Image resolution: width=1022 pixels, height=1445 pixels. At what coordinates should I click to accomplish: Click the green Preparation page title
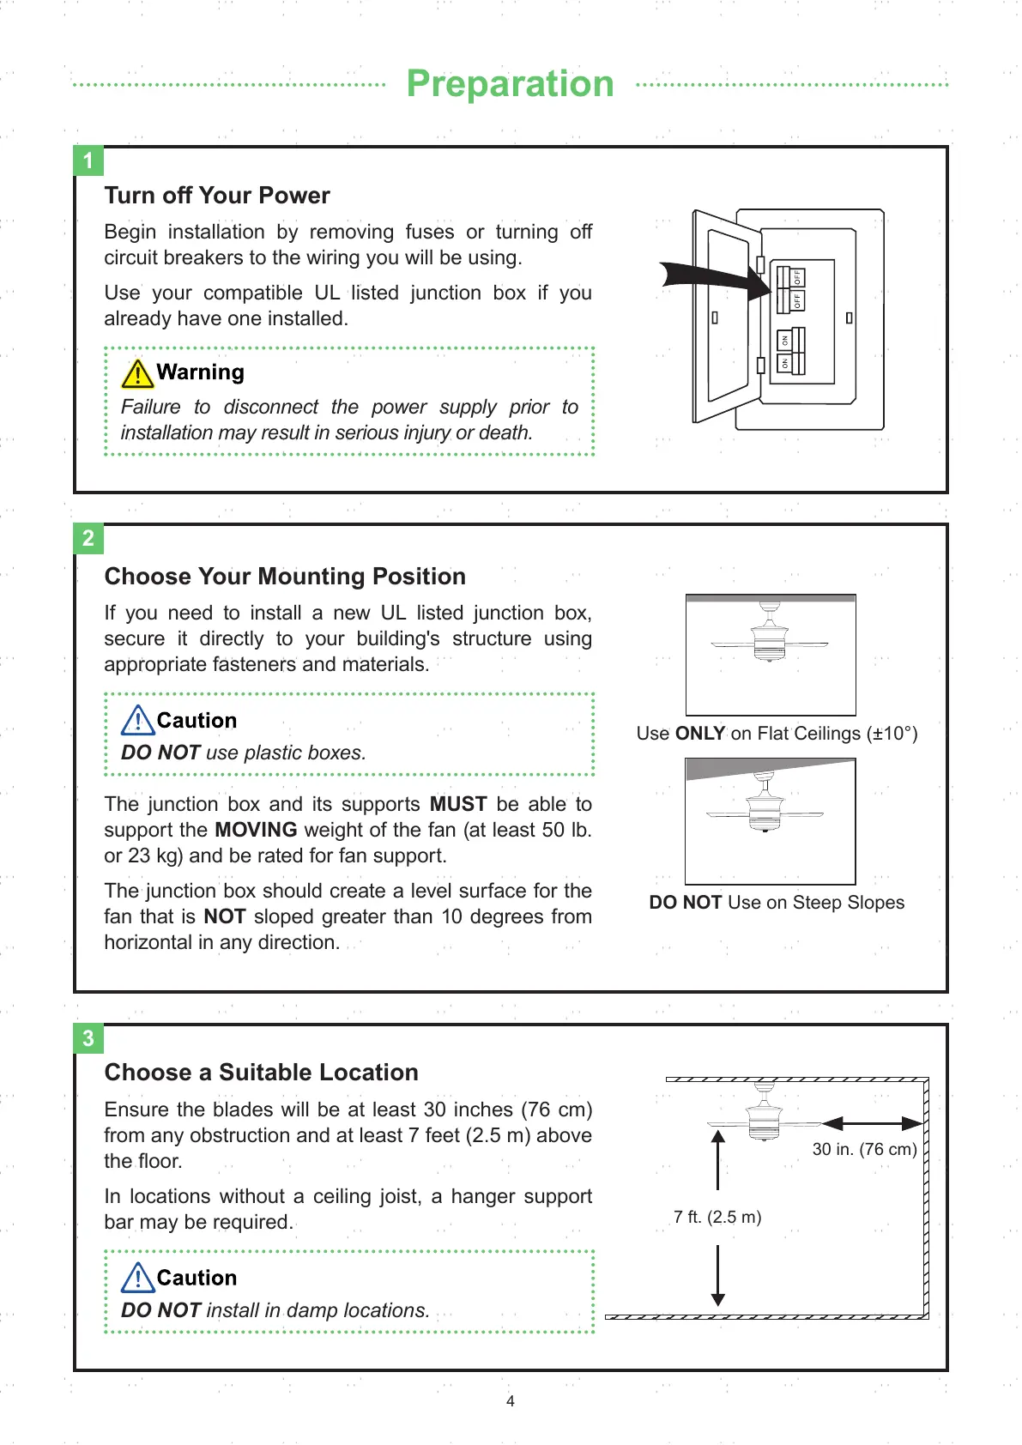[510, 84]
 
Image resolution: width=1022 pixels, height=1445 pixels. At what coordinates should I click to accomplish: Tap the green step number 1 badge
[88, 161]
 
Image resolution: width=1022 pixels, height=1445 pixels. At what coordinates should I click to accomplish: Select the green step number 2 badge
[88, 539]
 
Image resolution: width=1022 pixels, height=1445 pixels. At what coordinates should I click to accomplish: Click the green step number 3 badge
[88, 1039]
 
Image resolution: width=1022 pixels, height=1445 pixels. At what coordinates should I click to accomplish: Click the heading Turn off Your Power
[217, 196]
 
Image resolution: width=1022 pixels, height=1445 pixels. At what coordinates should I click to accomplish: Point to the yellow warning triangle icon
[137, 373]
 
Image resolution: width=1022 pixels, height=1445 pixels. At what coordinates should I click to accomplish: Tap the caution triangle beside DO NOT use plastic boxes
[137, 721]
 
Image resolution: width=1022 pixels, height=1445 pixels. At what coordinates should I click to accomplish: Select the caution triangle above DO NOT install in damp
[137, 1278]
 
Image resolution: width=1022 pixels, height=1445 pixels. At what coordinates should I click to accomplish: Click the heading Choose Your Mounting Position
[285, 577]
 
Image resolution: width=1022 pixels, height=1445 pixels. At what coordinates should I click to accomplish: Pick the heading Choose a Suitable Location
[262, 1073]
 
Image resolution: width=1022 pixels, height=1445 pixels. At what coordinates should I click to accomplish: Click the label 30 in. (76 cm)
[864, 1150]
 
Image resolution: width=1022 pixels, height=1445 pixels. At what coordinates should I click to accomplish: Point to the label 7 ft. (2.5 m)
[717, 1217]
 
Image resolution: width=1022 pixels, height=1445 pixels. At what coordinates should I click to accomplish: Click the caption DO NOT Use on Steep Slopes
[777, 903]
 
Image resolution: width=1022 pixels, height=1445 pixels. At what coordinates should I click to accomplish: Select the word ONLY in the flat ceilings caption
[700, 734]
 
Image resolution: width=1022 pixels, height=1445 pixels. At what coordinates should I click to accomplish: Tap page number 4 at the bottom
[511, 1401]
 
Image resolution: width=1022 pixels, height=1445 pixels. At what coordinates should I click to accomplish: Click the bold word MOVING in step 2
[256, 830]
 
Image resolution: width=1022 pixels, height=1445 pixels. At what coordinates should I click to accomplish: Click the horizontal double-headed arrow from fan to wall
[872, 1122]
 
